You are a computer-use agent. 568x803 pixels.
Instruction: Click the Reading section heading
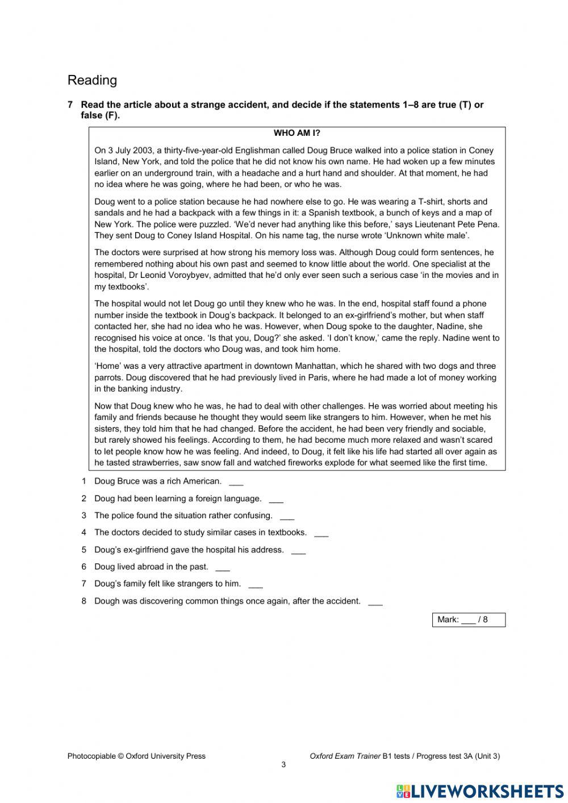point(92,80)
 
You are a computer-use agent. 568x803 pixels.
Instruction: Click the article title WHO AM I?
point(297,133)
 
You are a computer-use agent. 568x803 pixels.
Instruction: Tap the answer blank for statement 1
point(236,482)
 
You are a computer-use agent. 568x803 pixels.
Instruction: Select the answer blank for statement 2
point(276,500)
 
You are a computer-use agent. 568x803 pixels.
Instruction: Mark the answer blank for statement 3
point(287,517)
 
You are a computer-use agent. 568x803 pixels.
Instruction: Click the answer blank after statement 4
point(321,534)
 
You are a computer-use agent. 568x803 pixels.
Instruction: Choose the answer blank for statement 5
point(298,551)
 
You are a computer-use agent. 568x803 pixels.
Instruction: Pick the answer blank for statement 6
point(223,568)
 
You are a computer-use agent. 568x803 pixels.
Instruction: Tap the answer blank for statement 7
point(256,585)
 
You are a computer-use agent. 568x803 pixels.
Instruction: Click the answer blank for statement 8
point(375,602)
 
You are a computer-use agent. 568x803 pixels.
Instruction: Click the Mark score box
point(469,619)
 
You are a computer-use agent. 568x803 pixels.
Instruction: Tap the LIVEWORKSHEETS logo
point(480,790)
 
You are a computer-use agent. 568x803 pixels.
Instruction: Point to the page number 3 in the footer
point(283,764)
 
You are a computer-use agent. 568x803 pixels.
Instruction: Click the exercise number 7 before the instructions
point(70,105)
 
